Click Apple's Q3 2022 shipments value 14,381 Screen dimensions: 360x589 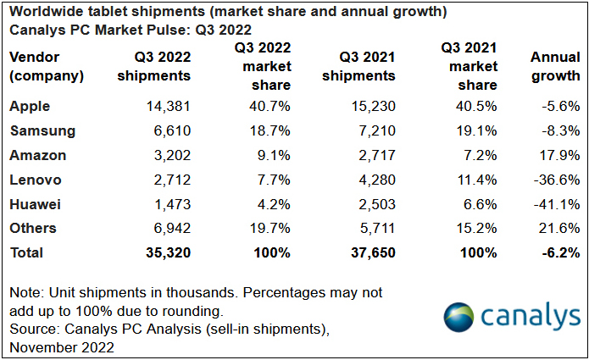166,107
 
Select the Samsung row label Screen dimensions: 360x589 42,131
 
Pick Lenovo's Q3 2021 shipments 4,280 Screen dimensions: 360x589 370,180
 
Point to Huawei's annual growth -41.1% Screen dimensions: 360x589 555,204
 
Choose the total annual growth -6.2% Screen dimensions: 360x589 557,252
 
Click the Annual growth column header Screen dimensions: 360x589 555,66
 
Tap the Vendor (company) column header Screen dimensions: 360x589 47,66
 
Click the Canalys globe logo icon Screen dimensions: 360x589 460,316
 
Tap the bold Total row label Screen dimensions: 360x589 25,252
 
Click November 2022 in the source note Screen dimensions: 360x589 62,347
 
